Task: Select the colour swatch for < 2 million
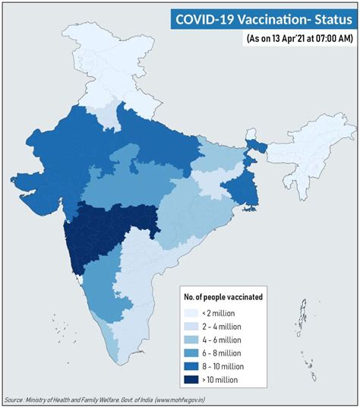click(194, 313)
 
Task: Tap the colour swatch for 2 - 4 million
click(194, 327)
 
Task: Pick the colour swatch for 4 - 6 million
click(194, 340)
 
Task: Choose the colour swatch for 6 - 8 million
click(194, 353)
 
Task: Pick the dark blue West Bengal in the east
click(247, 186)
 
